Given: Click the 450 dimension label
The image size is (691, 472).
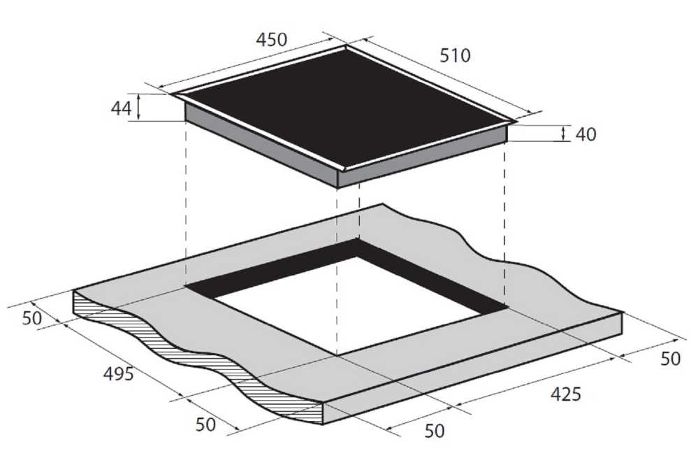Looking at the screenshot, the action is (x=272, y=39).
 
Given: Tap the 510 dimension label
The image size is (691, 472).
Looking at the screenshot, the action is (x=455, y=55).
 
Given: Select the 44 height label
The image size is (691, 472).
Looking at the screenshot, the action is (x=121, y=108).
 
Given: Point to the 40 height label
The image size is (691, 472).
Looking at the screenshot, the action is (x=585, y=134).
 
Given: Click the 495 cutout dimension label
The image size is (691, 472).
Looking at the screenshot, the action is (x=118, y=374).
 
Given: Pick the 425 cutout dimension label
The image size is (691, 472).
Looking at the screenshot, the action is (x=566, y=394).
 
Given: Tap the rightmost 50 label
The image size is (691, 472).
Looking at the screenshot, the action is (x=670, y=359).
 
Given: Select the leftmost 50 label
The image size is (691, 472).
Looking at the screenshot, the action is (x=31, y=318).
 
